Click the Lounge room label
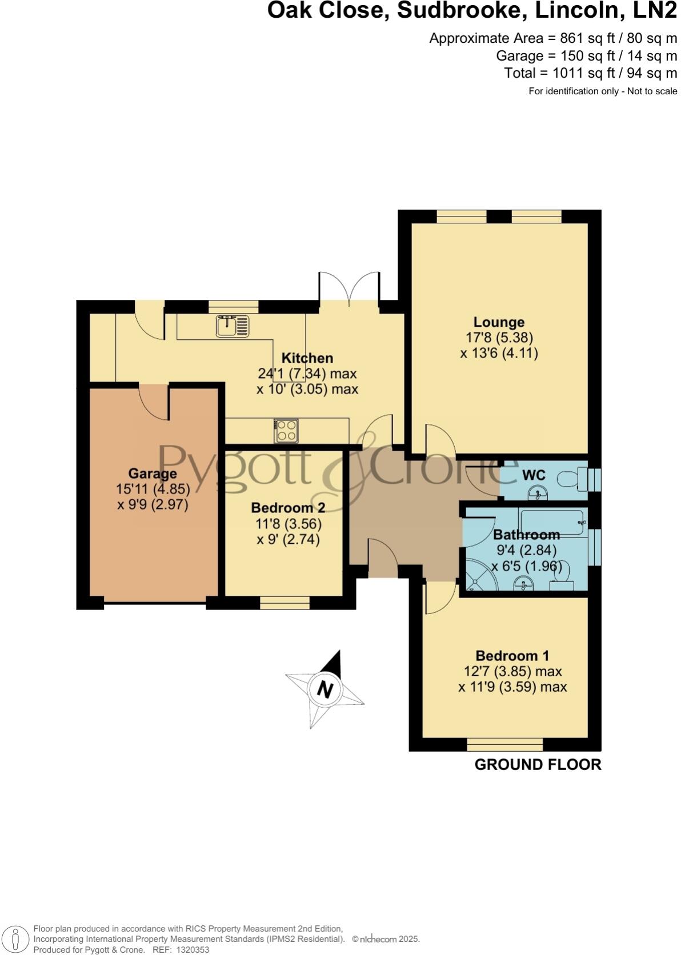(x=499, y=322)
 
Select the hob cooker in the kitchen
(x=286, y=431)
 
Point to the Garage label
(x=153, y=474)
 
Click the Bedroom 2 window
(x=285, y=603)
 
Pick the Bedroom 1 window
(x=505, y=744)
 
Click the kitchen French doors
(x=349, y=288)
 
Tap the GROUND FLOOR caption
(x=538, y=765)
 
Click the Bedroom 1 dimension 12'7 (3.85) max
(x=512, y=671)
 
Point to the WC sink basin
(x=537, y=492)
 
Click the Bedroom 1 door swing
(x=439, y=598)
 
